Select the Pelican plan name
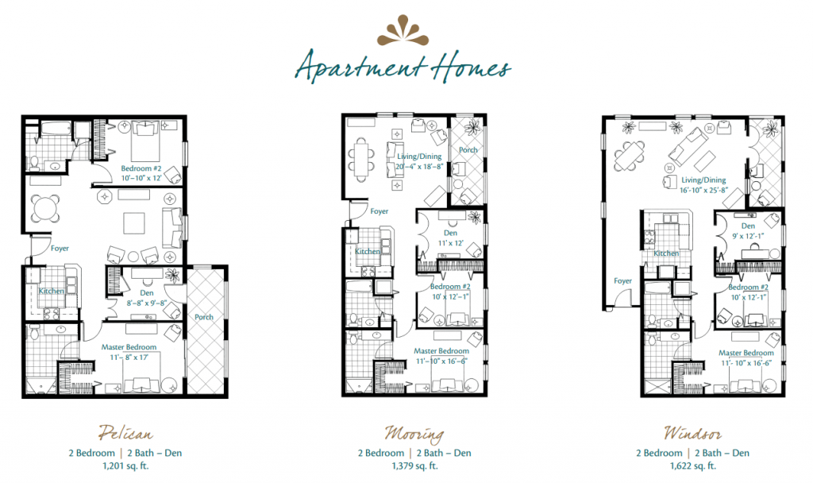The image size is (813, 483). [125, 433]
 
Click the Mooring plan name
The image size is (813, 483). [414, 433]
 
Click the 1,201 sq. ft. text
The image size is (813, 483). [125, 466]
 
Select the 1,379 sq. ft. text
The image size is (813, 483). [414, 466]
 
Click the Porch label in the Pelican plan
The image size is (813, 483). [204, 317]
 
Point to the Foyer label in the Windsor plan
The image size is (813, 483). [623, 280]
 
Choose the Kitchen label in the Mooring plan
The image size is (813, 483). [368, 252]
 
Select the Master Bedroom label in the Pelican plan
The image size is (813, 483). [128, 347]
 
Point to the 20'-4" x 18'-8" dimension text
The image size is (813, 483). [418, 167]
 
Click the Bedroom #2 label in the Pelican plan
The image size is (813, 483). [141, 168]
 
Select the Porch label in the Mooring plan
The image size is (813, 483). [468, 149]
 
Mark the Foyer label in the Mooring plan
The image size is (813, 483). [380, 211]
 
